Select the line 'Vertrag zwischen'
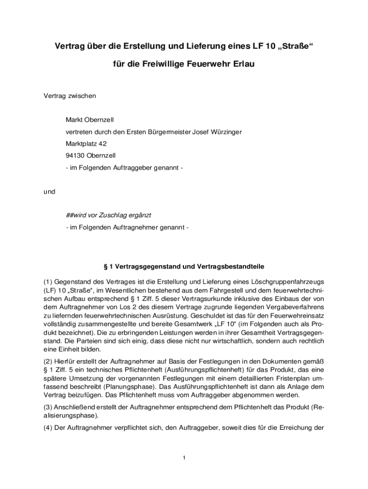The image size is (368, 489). pos(70,96)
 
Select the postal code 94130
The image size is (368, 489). pos(75,155)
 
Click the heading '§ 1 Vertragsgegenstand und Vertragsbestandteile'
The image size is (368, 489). pos(184,266)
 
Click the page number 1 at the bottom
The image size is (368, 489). pos(184,458)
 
